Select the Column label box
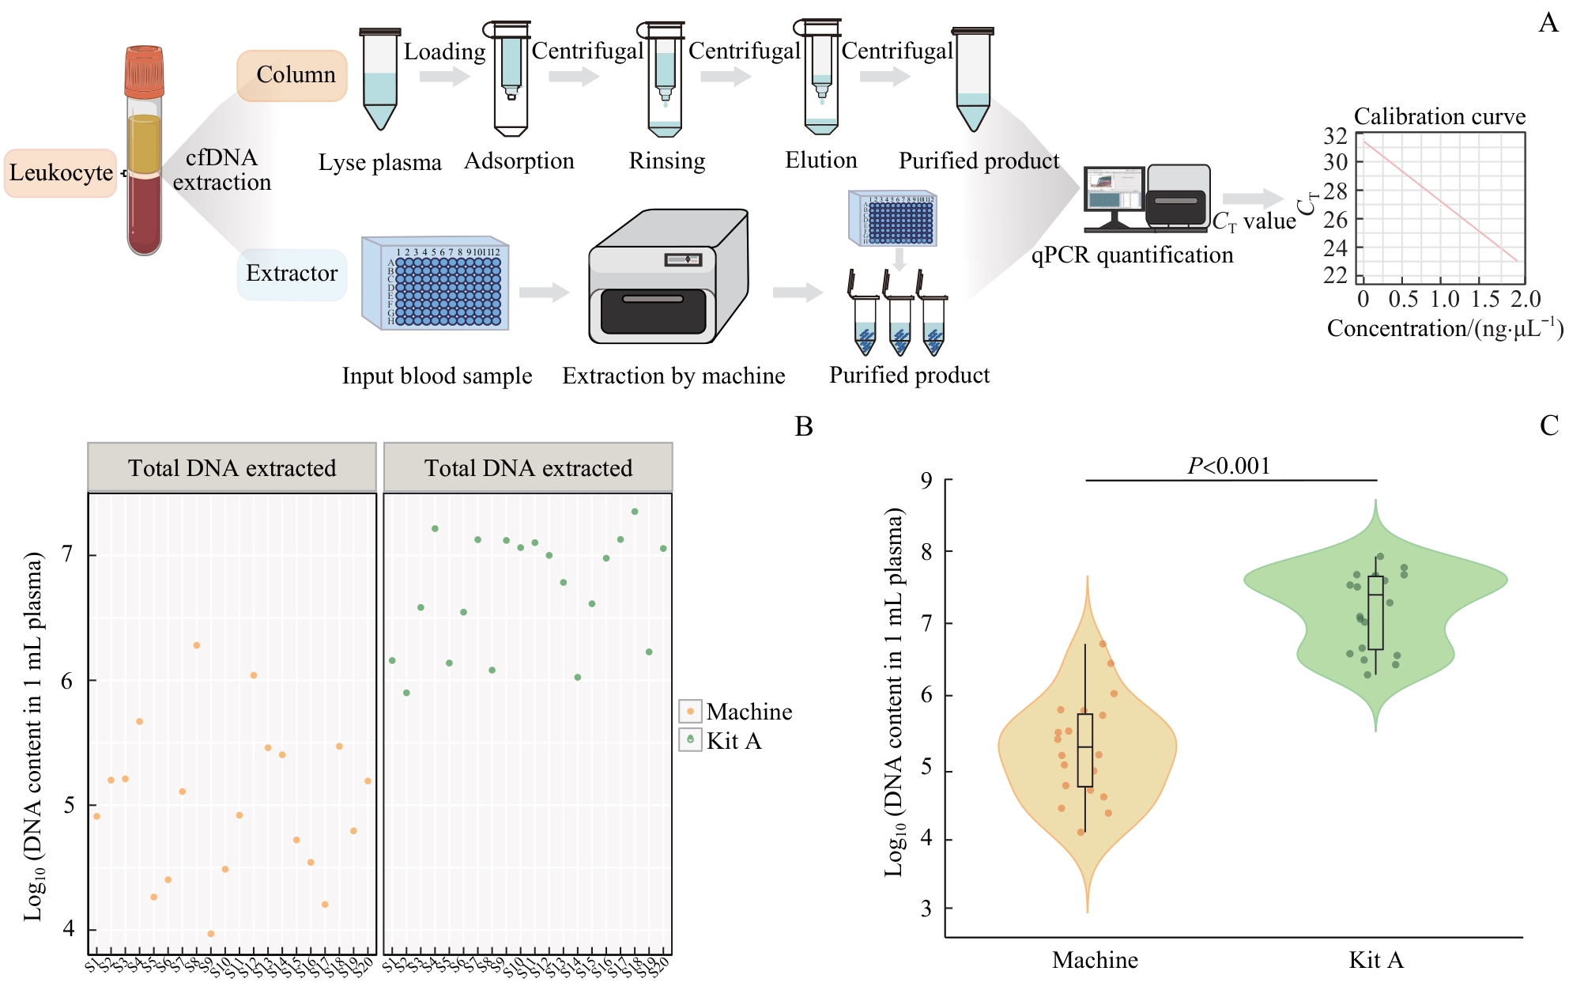(x=292, y=75)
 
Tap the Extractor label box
(x=292, y=274)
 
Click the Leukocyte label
(x=61, y=172)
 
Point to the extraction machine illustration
(x=668, y=277)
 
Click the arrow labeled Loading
(x=443, y=77)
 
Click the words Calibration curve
(x=1439, y=116)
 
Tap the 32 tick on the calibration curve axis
(x=1335, y=136)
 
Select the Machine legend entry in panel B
(x=735, y=712)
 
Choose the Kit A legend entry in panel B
(x=721, y=741)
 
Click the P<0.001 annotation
(x=1229, y=466)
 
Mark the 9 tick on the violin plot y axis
(x=926, y=480)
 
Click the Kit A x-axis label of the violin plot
(x=1375, y=960)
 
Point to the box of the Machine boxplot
(x=1085, y=750)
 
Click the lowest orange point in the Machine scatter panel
(x=210, y=934)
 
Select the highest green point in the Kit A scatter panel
(x=635, y=512)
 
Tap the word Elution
(x=820, y=161)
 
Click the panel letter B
(x=803, y=427)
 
